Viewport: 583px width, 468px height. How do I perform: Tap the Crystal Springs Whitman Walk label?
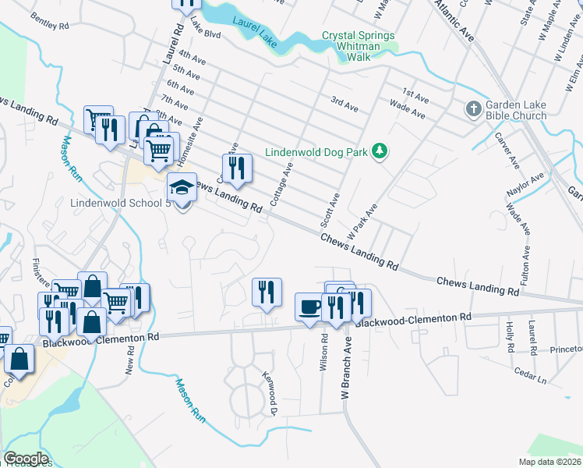pos(359,41)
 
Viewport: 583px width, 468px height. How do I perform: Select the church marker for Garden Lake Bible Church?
pos(473,110)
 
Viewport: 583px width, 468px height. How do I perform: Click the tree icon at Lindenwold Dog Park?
pos(379,151)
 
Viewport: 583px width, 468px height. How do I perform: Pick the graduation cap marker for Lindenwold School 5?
pos(182,189)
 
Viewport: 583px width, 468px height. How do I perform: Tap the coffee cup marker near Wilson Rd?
pos(310,306)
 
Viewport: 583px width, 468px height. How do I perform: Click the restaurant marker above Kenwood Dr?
pos(267,292)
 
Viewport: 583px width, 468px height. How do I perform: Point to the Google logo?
pos(26,459)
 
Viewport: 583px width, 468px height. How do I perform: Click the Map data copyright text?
pos(550,462)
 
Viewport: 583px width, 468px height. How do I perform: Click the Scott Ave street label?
pos(330,210)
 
